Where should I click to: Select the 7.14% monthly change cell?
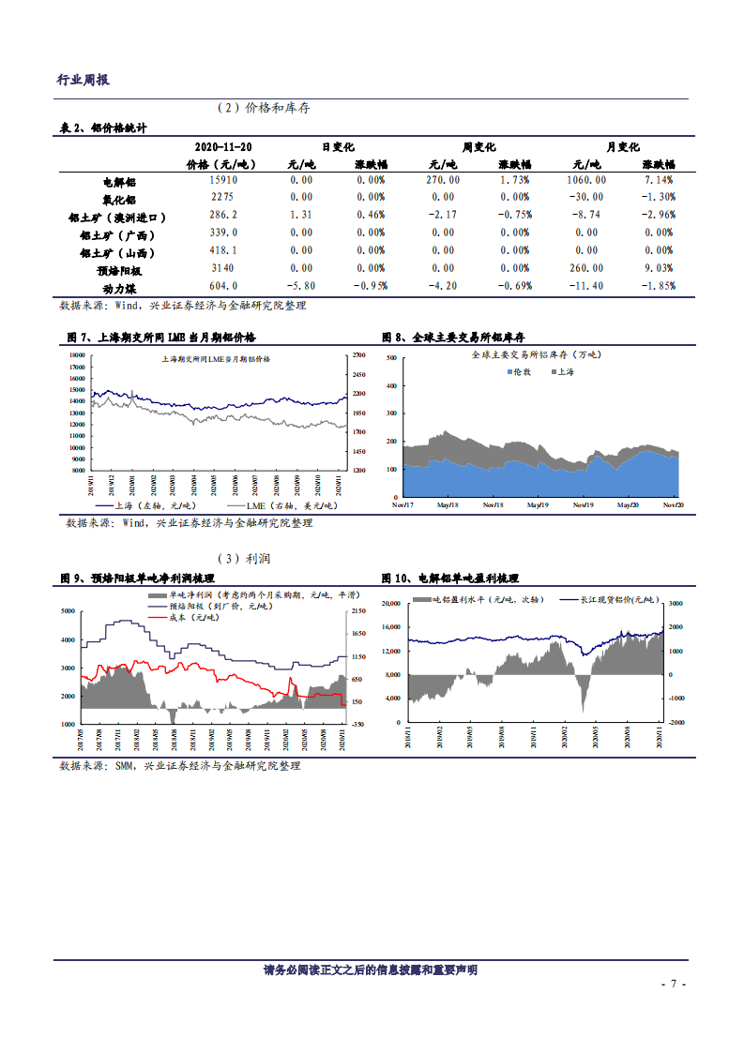tap(659, 180)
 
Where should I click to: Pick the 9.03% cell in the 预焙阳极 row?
tap(659, 269)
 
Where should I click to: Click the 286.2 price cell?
tap(222, 215)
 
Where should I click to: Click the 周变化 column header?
tap(478, 147)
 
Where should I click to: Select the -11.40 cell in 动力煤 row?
tap(586, 286)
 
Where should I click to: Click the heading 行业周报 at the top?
tap(84, 81)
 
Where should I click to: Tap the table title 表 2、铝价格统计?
tap(98, 128)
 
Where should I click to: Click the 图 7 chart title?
tap(160, 338)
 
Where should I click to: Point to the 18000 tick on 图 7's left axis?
tap(77, 355)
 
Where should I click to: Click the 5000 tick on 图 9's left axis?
tap(68, 611)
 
